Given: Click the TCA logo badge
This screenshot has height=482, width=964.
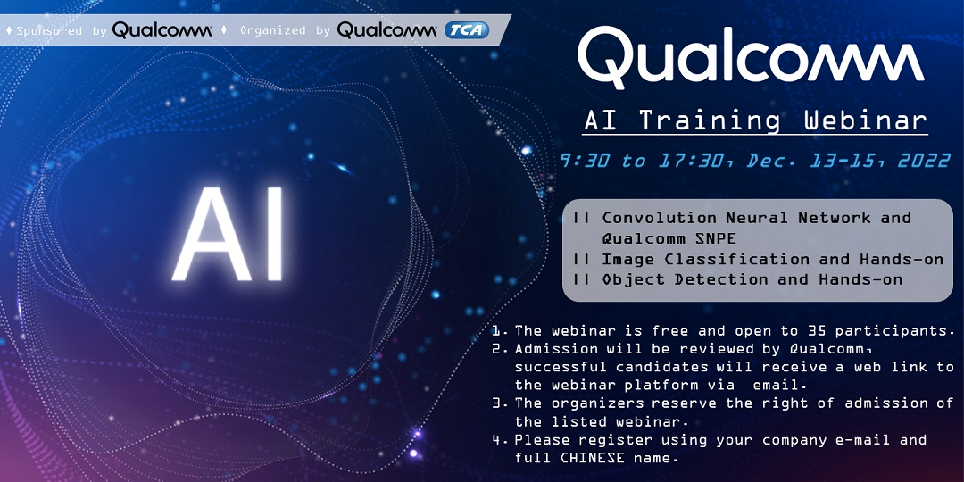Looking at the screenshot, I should coord(466,30).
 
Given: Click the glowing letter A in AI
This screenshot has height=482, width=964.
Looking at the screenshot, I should coord(208,235).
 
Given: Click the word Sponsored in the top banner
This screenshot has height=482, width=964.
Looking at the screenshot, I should coord(50,30).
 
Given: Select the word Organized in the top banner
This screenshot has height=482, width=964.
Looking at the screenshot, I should coord(273,30).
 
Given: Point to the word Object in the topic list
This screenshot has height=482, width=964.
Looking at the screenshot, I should coord(631,279).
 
